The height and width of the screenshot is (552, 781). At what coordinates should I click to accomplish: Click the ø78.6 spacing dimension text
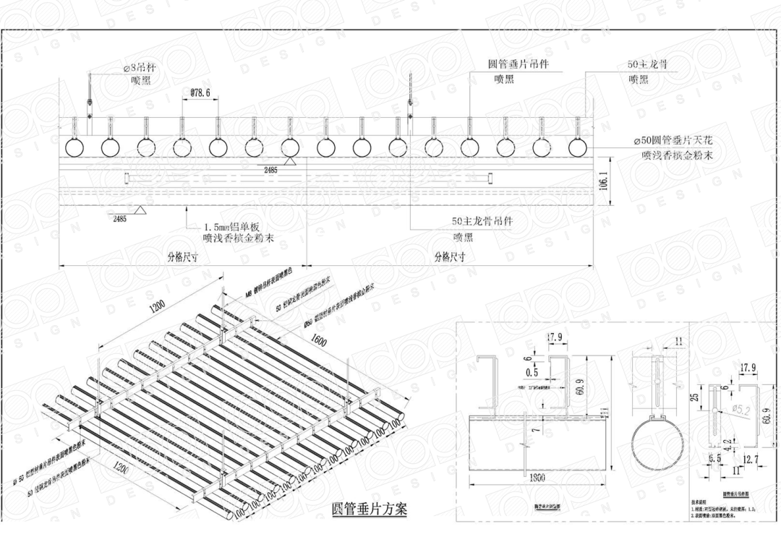(200, 93)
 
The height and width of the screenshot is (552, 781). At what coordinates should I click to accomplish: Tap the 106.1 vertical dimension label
(604, 180)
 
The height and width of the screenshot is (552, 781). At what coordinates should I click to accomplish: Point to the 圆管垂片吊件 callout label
(518, 64)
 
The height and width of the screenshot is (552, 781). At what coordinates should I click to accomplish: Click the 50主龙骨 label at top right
(646, 64)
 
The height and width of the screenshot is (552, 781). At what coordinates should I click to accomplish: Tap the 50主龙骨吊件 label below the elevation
(482, 222)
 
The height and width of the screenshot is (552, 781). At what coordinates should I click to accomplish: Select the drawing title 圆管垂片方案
(368, 509)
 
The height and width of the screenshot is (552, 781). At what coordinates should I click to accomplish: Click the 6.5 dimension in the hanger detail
(714, 458)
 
